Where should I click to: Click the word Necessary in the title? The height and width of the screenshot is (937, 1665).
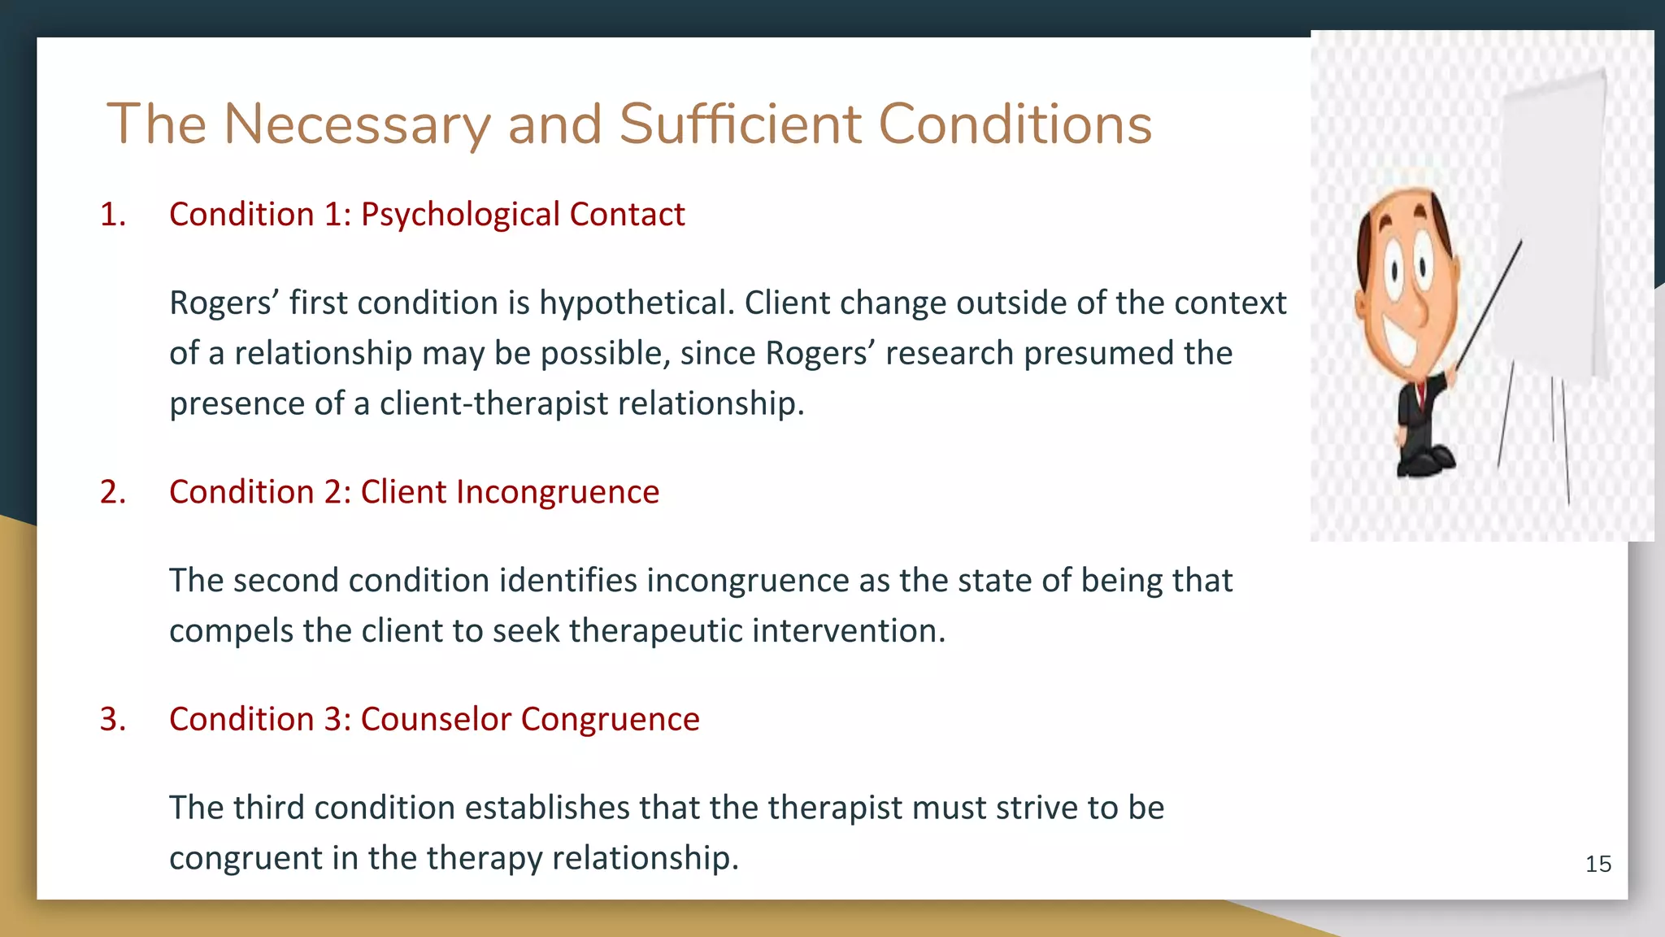[357, 124]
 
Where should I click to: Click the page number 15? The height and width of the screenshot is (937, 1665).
[1598, 864]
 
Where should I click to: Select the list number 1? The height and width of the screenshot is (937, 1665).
[112, 215]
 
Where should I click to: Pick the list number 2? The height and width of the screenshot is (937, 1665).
[112, 492]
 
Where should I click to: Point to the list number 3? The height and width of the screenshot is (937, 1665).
[112, 719]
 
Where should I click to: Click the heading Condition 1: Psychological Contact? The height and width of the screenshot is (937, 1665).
[427, 215]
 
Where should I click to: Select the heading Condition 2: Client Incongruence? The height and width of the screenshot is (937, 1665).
[414, 492]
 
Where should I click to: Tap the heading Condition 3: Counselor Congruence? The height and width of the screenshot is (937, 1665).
[434, 719]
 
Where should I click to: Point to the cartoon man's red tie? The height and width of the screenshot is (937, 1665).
[1420, 397]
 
